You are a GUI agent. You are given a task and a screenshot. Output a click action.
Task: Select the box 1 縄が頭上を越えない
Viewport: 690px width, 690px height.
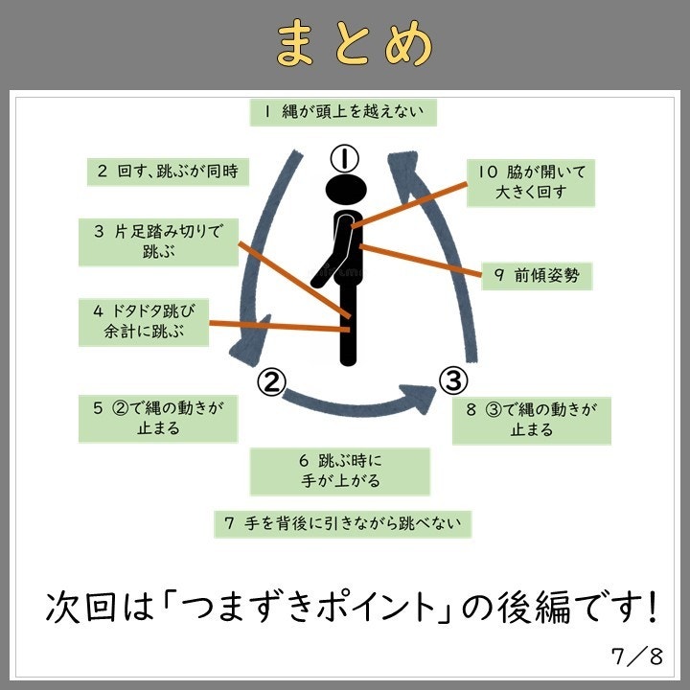tap(344, 111)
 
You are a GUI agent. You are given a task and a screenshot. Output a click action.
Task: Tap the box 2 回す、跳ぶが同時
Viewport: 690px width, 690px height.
tap(168, 172)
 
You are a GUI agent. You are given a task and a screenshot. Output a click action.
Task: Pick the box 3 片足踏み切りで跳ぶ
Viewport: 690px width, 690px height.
tap(158, 241)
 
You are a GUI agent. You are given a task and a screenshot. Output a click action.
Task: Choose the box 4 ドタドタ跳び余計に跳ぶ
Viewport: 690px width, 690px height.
tap(145, 322)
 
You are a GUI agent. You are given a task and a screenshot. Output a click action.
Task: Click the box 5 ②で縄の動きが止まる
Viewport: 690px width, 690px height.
tap(158, 418)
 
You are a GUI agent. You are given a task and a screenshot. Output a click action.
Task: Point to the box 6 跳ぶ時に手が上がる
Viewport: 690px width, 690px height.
tap(340, 471)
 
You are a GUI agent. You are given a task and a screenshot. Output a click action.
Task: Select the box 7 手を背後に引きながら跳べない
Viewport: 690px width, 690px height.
tap(343, 523)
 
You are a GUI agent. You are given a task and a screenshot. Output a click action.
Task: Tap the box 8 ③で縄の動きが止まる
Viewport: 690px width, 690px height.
tap(531, 420)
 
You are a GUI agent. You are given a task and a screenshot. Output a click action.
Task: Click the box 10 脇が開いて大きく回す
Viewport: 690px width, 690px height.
tap(532, 182)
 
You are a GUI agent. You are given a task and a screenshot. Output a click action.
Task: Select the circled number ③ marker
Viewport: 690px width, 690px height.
tap(452, 381)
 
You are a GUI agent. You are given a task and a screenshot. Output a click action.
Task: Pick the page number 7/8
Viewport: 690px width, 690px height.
tap(637, 656)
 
